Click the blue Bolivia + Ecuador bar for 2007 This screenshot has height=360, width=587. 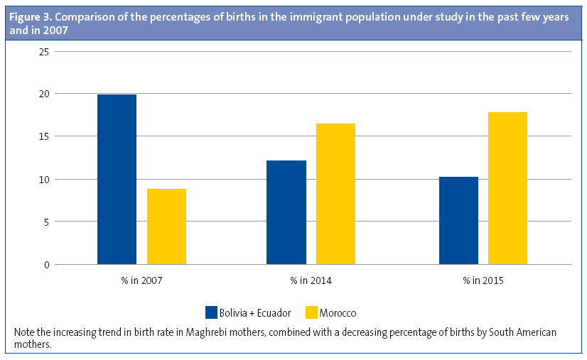click(117, 180)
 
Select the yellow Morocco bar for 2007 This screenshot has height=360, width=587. click(166, 227)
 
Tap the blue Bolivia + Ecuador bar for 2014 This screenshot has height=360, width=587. click(286, 212)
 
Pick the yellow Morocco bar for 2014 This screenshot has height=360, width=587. click(335, 194)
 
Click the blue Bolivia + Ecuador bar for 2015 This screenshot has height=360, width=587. click(458, 220)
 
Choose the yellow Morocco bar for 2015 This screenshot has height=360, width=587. click(507, 188)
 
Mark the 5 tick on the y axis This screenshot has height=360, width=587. click(45, 222)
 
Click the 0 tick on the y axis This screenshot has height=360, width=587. click(45, 265)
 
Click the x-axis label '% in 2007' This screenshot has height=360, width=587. click(141, 281)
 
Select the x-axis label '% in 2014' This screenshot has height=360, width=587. click(311, 281)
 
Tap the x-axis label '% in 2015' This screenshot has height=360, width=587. click(483, 281)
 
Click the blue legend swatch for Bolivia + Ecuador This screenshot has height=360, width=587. click(211, 312)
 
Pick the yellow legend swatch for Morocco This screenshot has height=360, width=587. click(311, 312)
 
